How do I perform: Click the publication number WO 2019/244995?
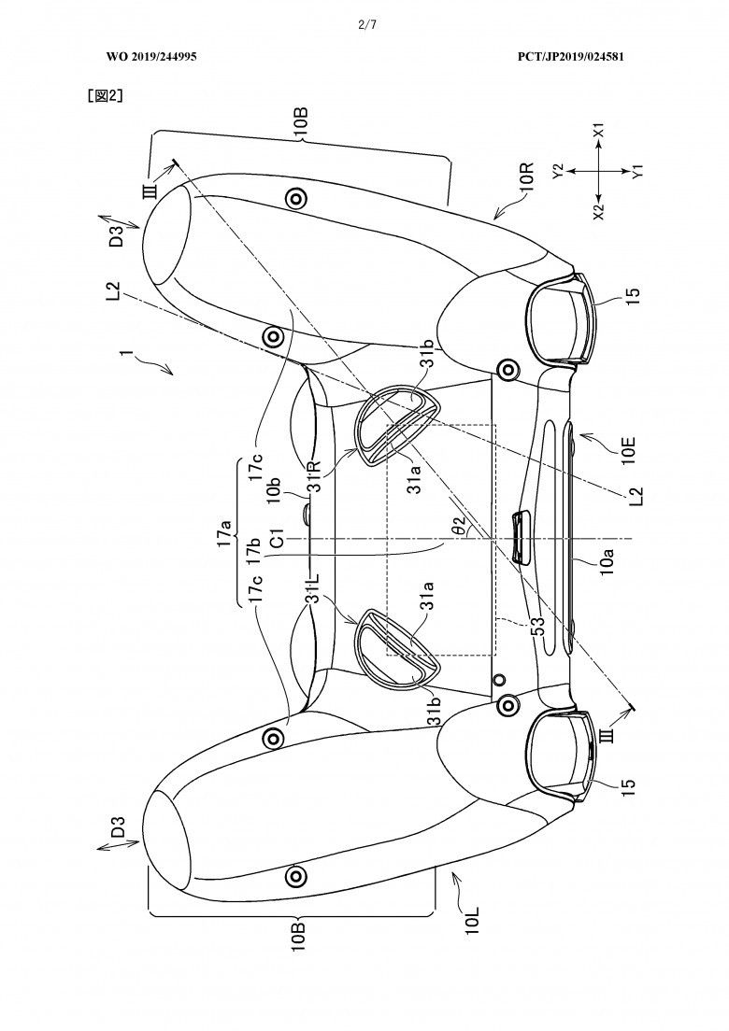tap(151, 57)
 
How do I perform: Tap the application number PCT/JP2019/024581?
tap(570, 57)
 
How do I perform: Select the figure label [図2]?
tap(106, 96)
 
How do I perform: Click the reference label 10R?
tap(528, 177)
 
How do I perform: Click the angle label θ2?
tap(463, 524)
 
